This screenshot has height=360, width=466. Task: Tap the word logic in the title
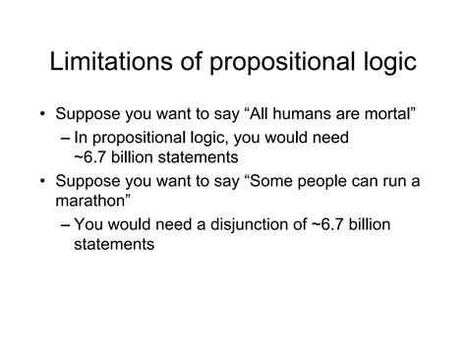(381, 64)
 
